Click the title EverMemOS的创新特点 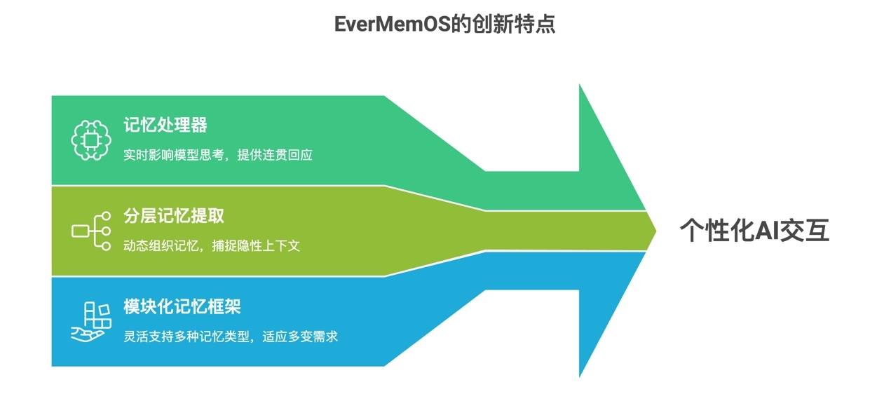pos(445,25)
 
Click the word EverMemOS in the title pos(395,25)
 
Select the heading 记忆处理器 pos(165,125)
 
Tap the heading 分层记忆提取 pos(174,215)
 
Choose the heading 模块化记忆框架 pos(182,306)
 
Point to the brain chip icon pos(92,139)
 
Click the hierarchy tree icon pos(92,230)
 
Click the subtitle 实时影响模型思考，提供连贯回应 pos(217,154)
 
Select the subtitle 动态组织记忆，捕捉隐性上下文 pos(212,245)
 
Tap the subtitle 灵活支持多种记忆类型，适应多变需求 pos(231,337)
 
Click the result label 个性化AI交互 pos(754,231)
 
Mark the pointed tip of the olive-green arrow pos(655,230)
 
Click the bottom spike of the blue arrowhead pos(580,374)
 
